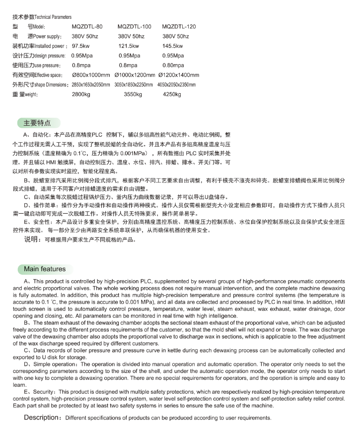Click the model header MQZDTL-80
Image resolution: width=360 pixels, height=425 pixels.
87,26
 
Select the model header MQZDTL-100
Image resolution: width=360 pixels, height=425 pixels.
134,26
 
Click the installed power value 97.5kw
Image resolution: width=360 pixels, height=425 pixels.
81,46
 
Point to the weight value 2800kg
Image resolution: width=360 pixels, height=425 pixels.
81,94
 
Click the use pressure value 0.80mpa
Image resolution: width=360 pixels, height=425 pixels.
173,65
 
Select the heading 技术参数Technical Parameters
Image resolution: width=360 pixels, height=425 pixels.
42,17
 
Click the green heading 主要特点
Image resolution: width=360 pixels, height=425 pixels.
38,123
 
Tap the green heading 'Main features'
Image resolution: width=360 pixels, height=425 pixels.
45,269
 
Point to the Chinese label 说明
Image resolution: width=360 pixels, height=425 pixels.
31,239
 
